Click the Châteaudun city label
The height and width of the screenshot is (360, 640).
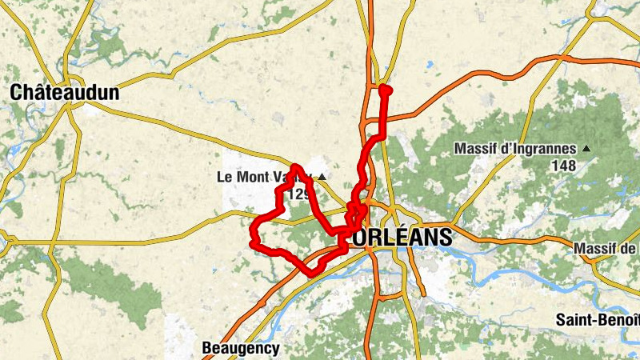(x=65, y=93)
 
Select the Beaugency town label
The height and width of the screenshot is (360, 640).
(x=240, y=348)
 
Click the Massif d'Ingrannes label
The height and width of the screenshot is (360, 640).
(x=515, y=149)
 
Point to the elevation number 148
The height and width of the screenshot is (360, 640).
(x=563, y=166)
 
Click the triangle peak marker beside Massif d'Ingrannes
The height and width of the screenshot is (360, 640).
(x=586, y=149)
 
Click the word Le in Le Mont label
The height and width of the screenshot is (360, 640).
(x=224, y=176)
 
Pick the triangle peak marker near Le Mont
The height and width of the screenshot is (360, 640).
(x=322, y=177)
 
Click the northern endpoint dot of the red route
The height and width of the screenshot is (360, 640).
(x=384, y=89)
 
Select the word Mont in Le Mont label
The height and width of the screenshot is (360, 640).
(x=251, y=176)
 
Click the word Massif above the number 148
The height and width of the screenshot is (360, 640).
(x=475, y=149)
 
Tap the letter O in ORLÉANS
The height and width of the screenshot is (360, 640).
(x=359, y=238)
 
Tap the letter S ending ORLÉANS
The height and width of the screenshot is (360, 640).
(x=445, y=238)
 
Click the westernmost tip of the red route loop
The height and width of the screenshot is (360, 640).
(x=253, y=242)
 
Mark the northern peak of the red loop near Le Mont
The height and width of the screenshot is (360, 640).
(x=295, y=167)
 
